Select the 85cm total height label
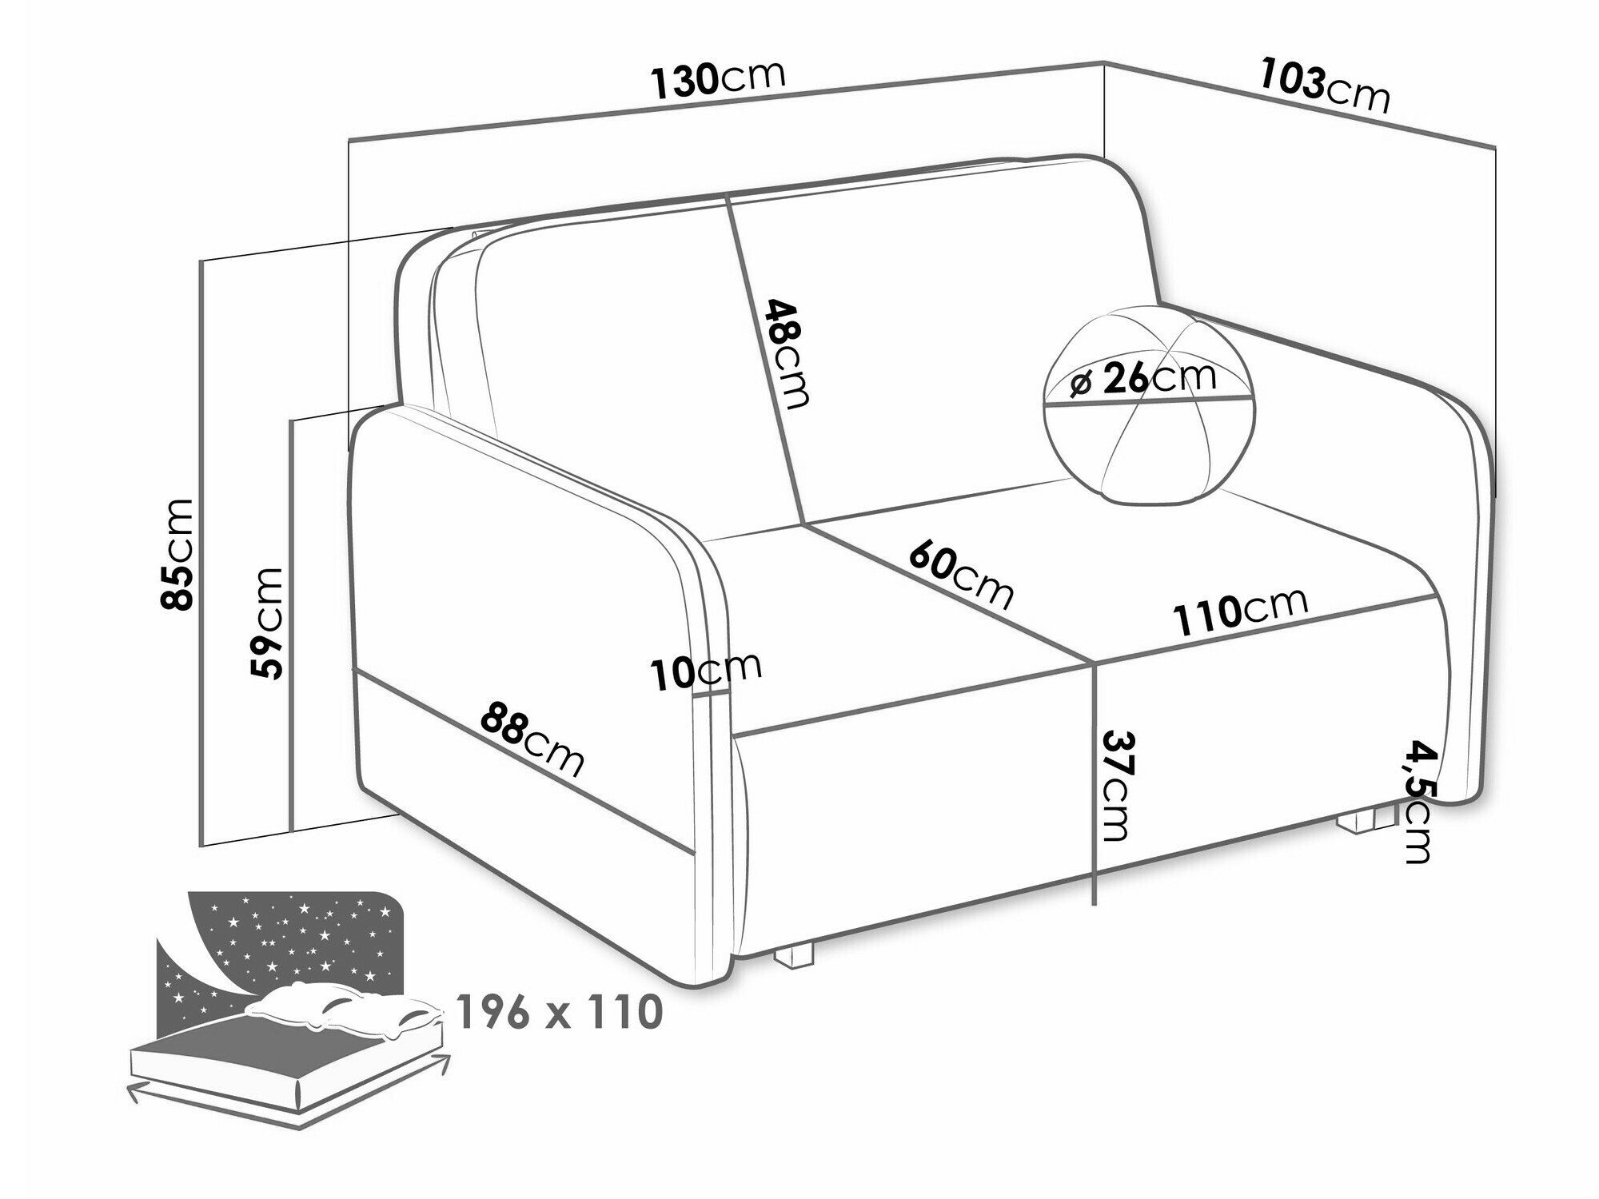pyautogui.click(x=177, y=554)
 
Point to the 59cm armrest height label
pyautogui.click(x=265, y=623)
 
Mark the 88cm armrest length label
pyautogui.click(x=532, y=739)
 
